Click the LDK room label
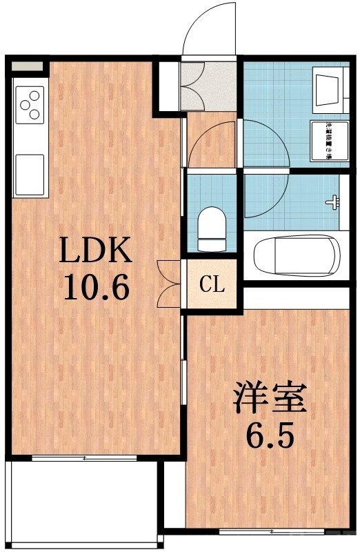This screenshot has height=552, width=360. click(96, 253)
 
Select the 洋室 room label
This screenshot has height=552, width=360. click(269, 400)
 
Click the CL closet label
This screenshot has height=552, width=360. click(212, 284)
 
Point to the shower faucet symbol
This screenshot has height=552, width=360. click(334, 202)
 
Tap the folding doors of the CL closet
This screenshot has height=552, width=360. click(168, 284)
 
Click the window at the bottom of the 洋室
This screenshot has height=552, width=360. click(272, 531)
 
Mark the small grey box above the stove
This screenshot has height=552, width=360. click(27, 67)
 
